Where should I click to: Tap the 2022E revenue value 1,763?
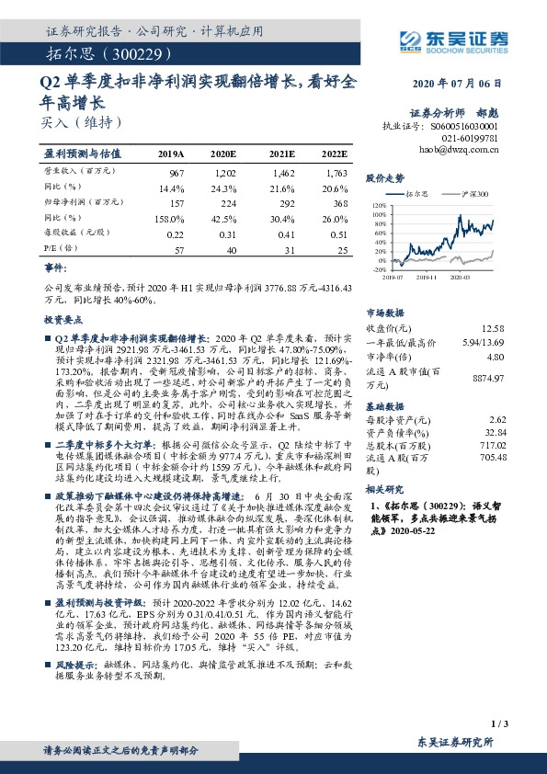pyautogui.click(x=336, y=174)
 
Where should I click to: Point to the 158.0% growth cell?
pyautogui.click(x=171, y=219)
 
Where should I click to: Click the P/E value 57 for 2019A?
pyautogui.click(x=178, y=249)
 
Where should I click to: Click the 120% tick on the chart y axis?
pyautogui.click(x=378, y=206)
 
